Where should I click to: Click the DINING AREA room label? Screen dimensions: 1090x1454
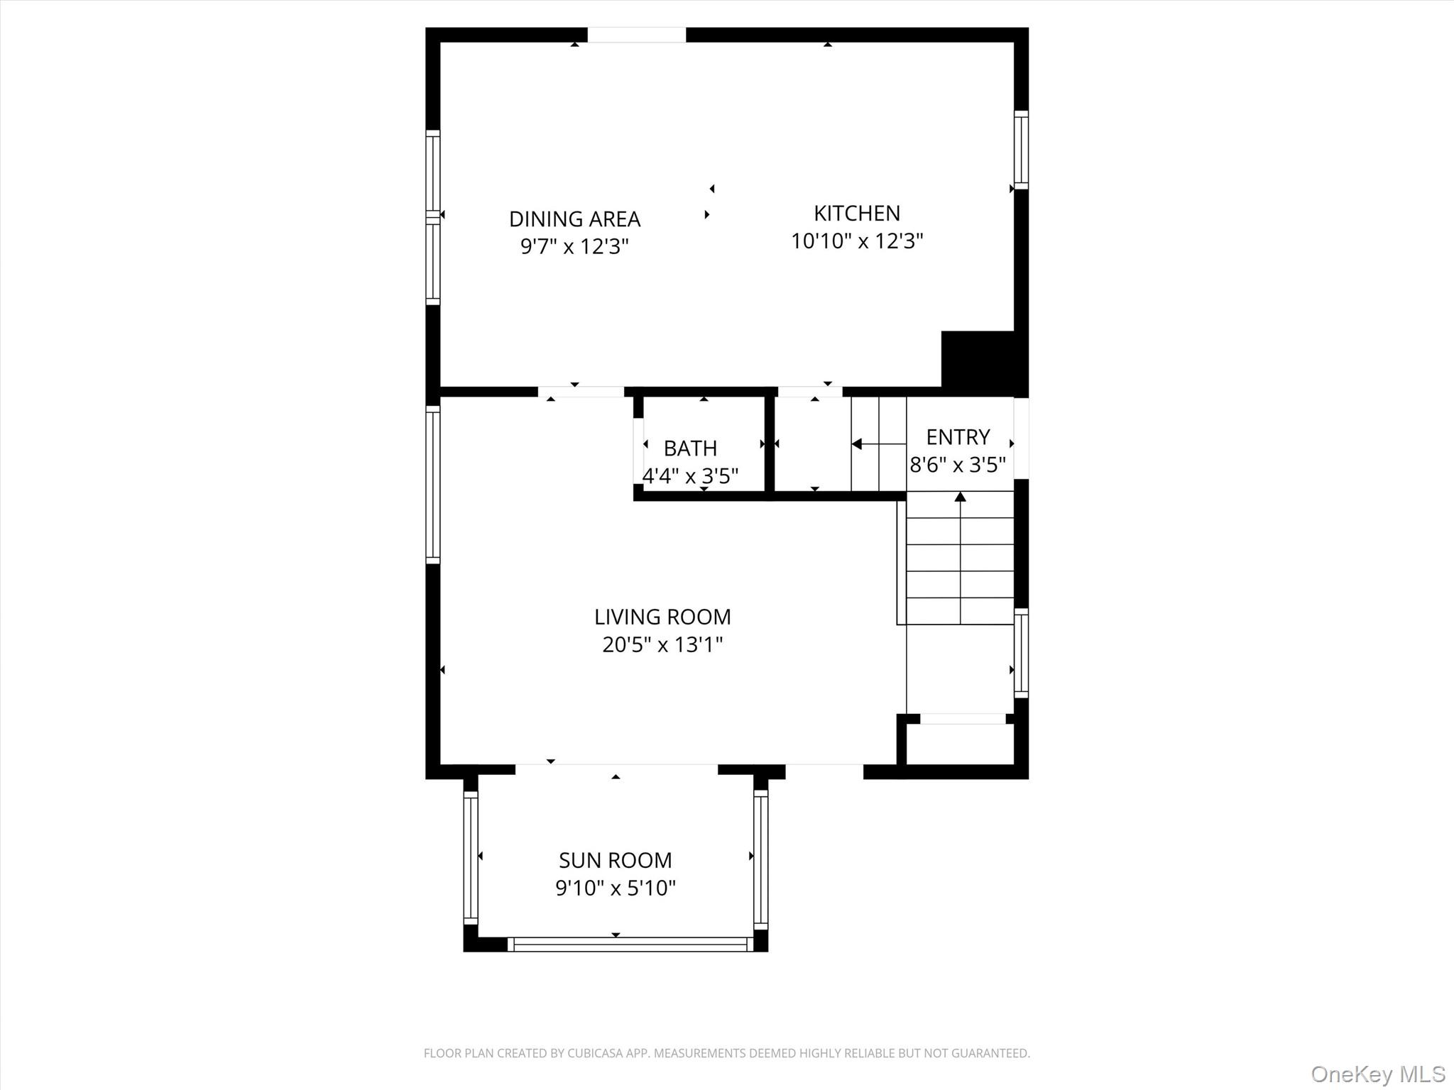[x=574, y=219]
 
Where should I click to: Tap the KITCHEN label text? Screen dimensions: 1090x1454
[x=856, y=214]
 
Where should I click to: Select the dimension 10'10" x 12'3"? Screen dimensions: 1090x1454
[x=856, y=241]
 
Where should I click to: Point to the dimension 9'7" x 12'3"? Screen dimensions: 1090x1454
[x=574, y=247]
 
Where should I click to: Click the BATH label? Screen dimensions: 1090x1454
[x=690, y=448]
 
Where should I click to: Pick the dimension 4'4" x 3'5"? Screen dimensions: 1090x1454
[x=690, y=475]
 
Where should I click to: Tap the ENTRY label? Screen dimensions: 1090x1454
[x=958, y=437]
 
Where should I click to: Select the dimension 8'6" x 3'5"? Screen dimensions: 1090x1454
[x=958, y=465]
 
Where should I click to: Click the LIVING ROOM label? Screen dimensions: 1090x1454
[x=662, y=617]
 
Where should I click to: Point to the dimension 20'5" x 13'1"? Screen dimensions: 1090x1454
[x=662, y=645]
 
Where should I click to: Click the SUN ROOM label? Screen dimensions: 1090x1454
[x=615, y=861]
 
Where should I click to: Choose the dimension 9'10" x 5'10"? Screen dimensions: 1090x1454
[x=615, y=888]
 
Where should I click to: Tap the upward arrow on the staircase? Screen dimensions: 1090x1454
[x=961, y=497]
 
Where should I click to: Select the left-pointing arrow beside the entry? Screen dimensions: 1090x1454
[x=858, y=444]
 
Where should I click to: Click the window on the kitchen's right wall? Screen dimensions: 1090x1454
[x=1021, y=150]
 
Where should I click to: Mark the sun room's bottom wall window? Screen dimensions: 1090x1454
[x=630, y=945]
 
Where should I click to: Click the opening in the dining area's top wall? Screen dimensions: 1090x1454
[x=636, y=35]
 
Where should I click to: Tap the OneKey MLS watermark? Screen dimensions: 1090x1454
[x=1377, y=1074]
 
